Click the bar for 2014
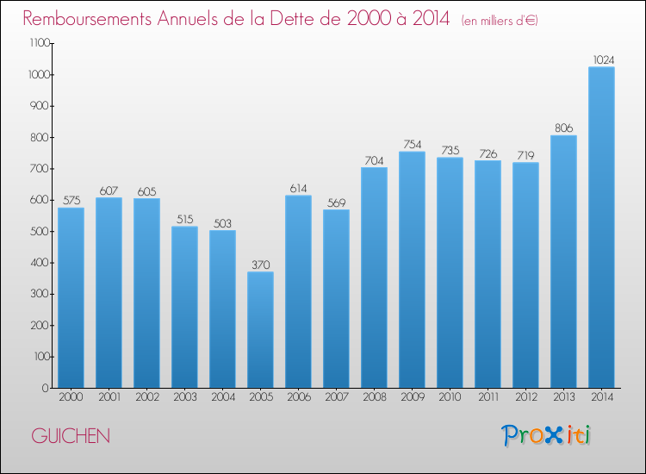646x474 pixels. (x=601, y=228)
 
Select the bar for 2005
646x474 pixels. (x=260, y=330)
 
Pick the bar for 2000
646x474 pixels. (x=71, y=297)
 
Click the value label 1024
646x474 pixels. (x=602, y=59)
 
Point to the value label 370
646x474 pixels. (x=260, y=264)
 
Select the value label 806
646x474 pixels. (x=563, y=128)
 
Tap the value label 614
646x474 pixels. (x=298, y=188)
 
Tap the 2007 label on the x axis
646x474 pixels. (x=336, y=397)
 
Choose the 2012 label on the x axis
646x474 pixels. (x=525, y=397)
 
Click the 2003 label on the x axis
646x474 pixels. (x=184, y=397)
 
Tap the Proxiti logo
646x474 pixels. (x=547, y=435)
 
